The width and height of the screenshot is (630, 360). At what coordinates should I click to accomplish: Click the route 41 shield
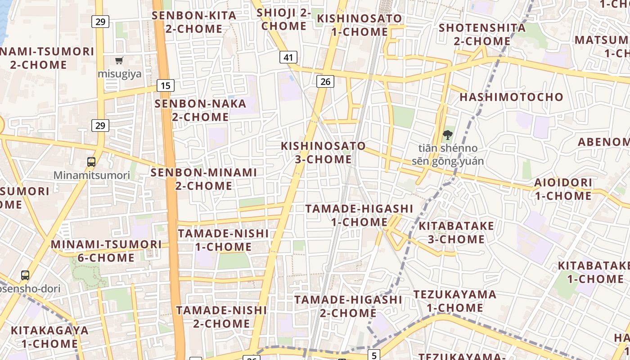[x=288, y=57]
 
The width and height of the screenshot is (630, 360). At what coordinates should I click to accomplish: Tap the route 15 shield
[x=166, y=85]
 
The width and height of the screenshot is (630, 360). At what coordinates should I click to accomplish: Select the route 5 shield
[x=374, y=355]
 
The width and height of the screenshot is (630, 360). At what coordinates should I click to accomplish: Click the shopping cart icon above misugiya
[x=119, y=61]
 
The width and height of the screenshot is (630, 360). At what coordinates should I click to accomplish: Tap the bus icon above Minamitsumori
[x=91, y=162]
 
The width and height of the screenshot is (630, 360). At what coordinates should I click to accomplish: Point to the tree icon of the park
[x=447, y=135]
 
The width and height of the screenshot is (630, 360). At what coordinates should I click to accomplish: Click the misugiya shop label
[x=120, y=74]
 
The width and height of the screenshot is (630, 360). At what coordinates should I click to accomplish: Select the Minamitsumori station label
[x=92, y=175]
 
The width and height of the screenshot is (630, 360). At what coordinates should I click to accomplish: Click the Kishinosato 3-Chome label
[x=323, y=153]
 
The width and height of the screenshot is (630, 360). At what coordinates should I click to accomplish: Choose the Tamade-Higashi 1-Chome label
[x=359, y=215]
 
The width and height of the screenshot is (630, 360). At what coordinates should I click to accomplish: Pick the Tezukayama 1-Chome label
[x=455, y=301]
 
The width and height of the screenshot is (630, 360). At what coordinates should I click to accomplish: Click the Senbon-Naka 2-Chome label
[x=201, y=110]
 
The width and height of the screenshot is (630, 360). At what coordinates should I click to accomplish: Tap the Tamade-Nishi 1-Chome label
[x=223, y=240]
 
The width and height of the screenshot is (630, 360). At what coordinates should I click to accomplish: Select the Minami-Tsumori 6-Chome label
[x=106, y=251]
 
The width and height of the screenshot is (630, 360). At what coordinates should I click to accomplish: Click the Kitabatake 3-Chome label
[x=456, y=232]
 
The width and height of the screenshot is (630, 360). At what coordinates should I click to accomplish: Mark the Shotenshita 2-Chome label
[x=482, y=34]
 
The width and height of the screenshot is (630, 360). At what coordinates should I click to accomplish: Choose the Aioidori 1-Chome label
[x=563, y=189]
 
